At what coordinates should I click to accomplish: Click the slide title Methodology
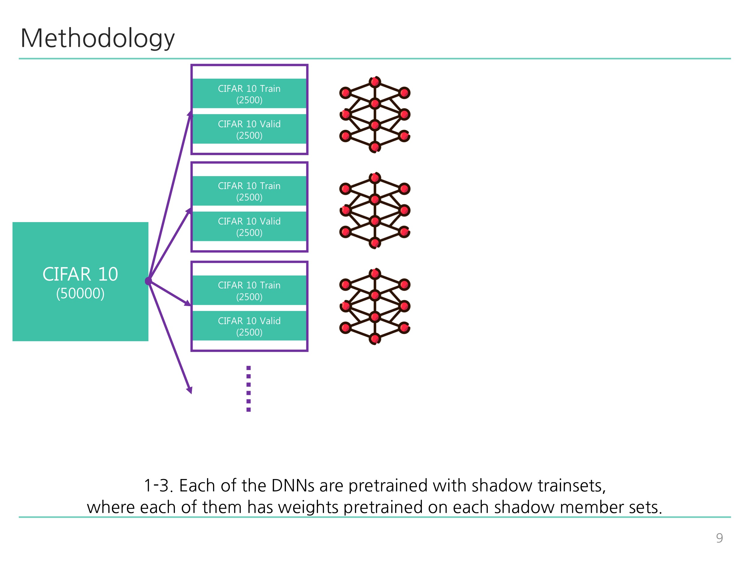[97, 38]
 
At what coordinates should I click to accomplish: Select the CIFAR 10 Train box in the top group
[249, 94]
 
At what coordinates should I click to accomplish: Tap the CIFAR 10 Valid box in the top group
[249, 129]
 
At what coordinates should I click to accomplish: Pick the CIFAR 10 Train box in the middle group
[249, 191]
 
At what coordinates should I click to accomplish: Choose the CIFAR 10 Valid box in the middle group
[249, 227]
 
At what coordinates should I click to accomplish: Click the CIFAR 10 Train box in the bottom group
[249, 290]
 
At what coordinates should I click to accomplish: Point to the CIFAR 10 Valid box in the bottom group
[249, 326]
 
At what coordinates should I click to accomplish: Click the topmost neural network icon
[375, 115]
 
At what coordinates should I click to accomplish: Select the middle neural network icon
[375, 211]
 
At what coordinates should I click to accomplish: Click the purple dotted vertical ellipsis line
[248, 389]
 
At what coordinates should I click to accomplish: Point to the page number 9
[719, 538]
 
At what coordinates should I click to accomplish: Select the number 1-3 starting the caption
[158, 486]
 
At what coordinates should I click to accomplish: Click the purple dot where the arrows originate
[148, 281]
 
